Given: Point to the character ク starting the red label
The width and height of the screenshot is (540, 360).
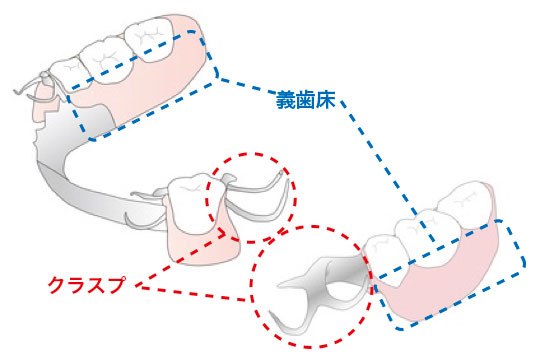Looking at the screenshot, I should tap(56, 285).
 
